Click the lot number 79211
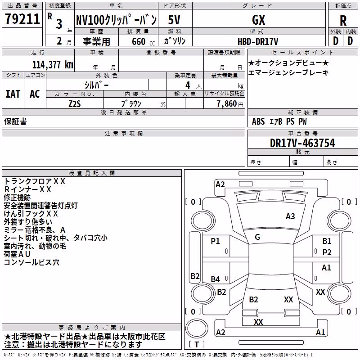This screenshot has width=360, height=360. tap(22, 19)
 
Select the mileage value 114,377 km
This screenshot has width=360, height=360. tap(53, 65)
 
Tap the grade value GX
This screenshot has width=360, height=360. tap(258, 20)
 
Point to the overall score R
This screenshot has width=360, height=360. tap(343, 21)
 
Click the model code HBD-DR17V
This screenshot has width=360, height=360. tap(258, 41)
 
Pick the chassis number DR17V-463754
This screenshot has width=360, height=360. tap(302, 143)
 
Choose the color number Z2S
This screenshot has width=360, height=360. tap(75, 104)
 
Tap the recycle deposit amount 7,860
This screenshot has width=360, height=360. tap(227, 104)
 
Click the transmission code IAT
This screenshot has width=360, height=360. tap(13, 94)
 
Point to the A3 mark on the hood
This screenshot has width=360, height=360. tap(290, 216)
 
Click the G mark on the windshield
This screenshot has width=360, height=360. tap(257, 237)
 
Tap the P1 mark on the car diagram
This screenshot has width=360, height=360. tap(215, 241)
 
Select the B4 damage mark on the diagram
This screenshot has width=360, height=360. tap(216, 279)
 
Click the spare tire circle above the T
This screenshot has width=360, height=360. tap(197, 328)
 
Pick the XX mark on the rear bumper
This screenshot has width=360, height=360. tap(258, 322)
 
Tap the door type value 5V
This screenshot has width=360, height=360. tap(174, 20)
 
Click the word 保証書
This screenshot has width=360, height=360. tap(15, 121)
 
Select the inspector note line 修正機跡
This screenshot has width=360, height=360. tap(17, 198)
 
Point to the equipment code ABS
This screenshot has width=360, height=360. tap(258, 121)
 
